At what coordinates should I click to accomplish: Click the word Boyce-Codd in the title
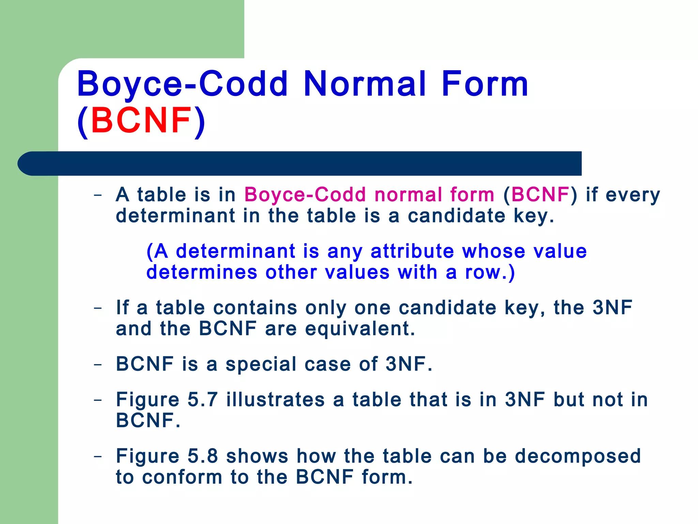[182, 84]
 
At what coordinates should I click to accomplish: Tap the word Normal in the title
[365, 84]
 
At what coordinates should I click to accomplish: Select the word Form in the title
[485, 84]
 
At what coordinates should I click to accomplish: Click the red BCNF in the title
[141, 120]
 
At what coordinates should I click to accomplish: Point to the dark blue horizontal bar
[300, 163]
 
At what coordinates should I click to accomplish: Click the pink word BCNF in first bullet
[540, 195]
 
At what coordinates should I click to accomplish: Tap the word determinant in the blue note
[236, 251]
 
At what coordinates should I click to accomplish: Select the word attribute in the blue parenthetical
[412, 251]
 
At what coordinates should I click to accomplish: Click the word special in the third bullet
[261, 364]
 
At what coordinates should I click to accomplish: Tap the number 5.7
[202, 399]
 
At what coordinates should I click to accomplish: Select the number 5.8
[202, 456]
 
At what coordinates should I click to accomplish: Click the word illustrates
[275, 399]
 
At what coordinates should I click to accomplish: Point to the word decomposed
[578, 456]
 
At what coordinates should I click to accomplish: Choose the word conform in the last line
[182, 477]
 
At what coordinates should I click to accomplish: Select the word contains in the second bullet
[255, 308]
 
